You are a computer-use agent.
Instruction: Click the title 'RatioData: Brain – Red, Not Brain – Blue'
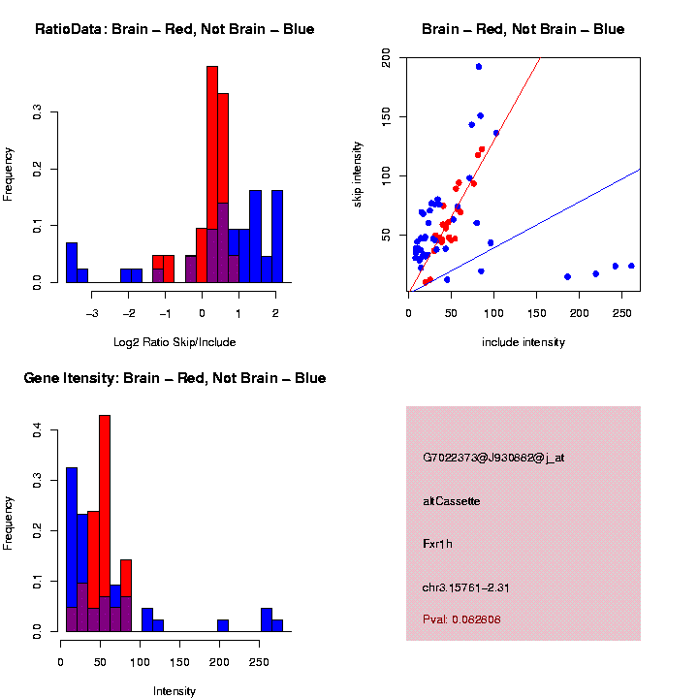click(x=174, y=30)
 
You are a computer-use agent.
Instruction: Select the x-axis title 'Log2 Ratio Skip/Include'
click(x=174, y=342)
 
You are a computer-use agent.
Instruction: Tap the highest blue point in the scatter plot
click(x=479, y=67)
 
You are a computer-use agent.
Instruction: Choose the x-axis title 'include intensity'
click(x=523, y=342)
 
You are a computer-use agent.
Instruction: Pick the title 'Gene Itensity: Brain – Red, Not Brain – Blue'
click(x=174, y=378)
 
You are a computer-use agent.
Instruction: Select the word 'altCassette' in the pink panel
click(x=452, y=501)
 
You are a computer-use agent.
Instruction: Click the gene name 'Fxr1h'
click(x=438, y=544)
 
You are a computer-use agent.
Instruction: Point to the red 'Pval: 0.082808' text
click(x=462, y=619)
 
